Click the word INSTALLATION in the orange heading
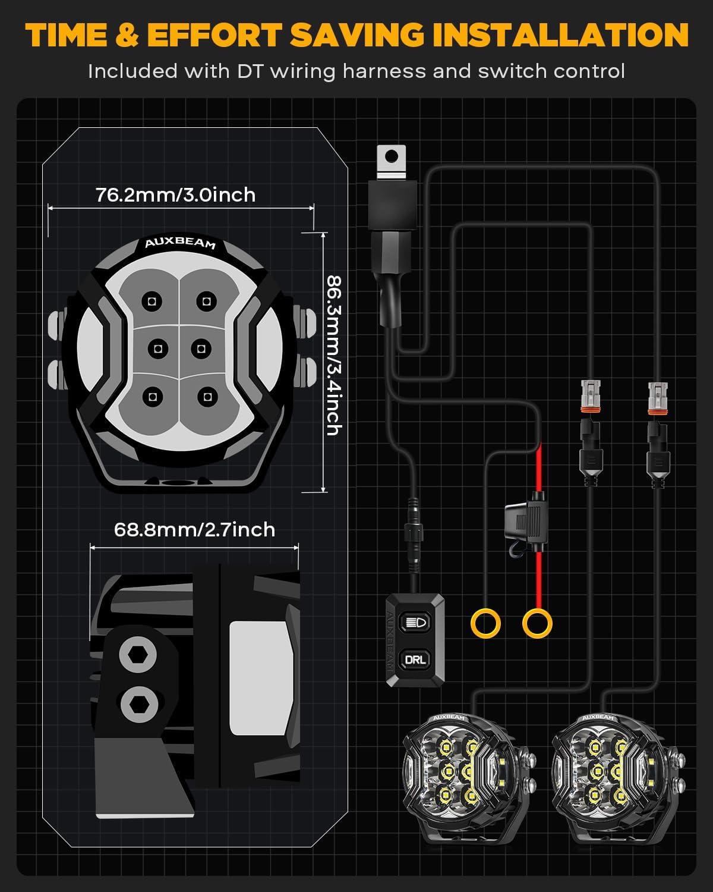pyautogui.click(x=560, y=34)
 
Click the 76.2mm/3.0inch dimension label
pyautogui.click(x=176, y=195)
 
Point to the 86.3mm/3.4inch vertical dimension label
pyautogui.click(x=335, y=355)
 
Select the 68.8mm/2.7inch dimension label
pyautogui.click(x=194, y=530)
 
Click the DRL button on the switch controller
pyautogui.click(x=415, y=659)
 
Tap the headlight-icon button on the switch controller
pyautogui.click(x=415, y=622)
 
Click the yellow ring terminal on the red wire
pyautogui.click(x=537, y=623)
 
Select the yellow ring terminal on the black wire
pyautogui.click(x=485, y=623)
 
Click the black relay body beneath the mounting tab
pyautogui.click(x=392, y=205)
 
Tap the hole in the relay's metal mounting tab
pyautogui.click(x=392, y=156)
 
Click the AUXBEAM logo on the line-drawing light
pyautogui.click(x=180, y=243)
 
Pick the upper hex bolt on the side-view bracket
pyautogui.click(x=137, y=655)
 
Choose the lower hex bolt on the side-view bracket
pyautogui.click(x=139, y=704)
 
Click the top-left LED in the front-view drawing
pyautogui.click(x=152, y=301)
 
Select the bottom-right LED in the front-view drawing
pyautogui.click(x=207, y=397)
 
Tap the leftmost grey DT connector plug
pyautogui.click(x=591, y=396)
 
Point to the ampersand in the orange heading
pyautogui.click(x=127, y=34)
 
